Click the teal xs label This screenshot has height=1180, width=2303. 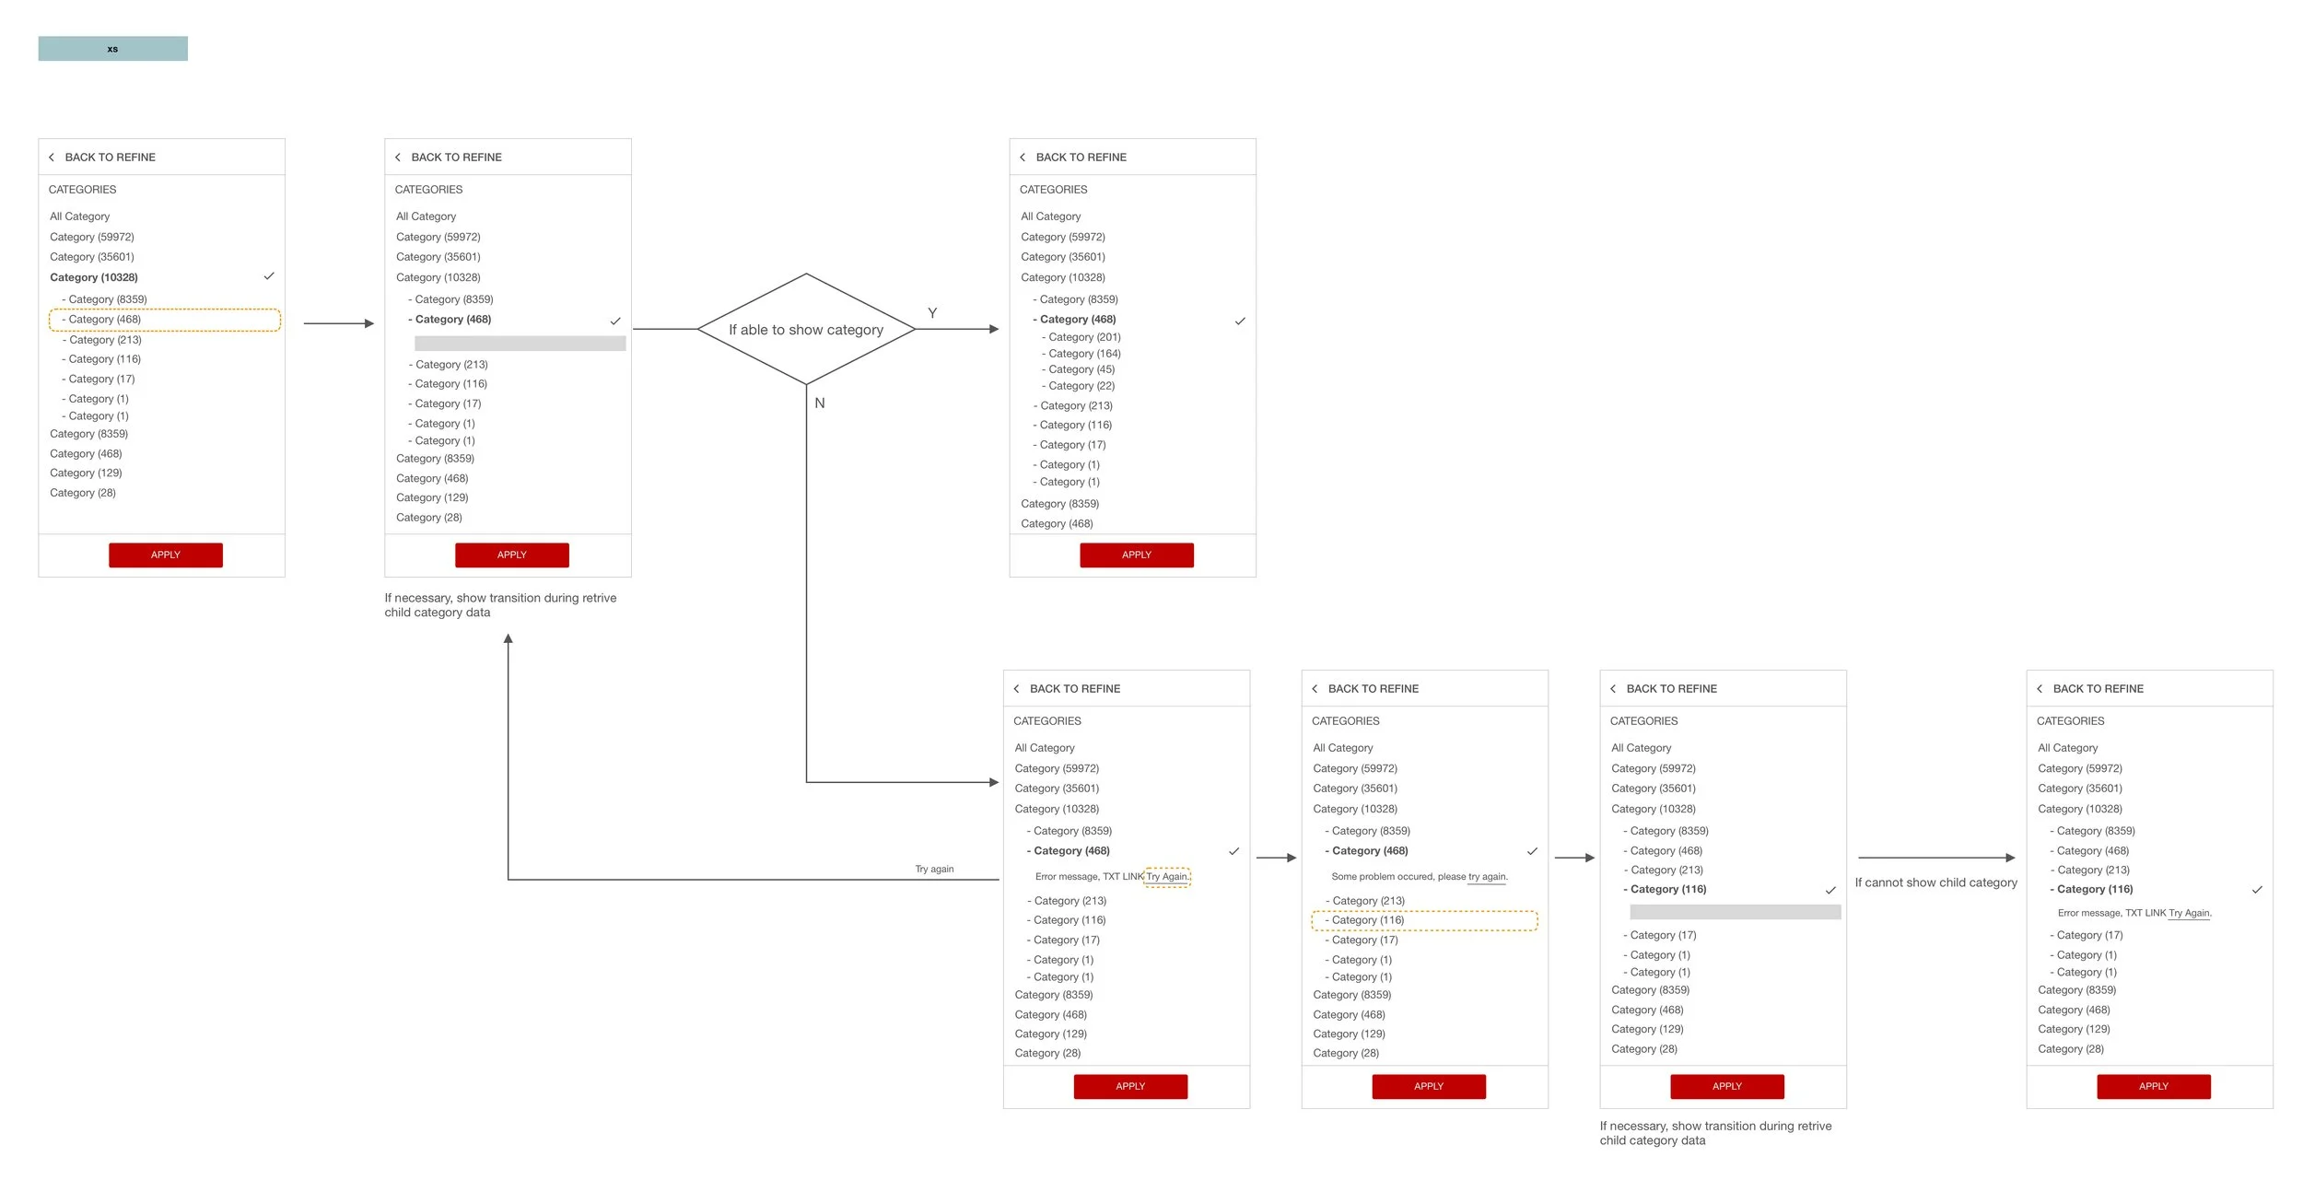click(112, 49)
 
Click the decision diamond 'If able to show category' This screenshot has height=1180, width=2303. click(805, 330)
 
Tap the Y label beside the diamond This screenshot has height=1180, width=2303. click(932, 313)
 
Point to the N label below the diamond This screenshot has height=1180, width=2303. click(819, 403)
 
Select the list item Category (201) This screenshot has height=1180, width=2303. click(1083, 337)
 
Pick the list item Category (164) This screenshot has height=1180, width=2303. click(1083, 354)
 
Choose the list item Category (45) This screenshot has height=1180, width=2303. click(1081, 369)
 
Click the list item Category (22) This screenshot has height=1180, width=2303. click(1081, 386)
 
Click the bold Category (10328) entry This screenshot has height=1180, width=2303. click(94, 277)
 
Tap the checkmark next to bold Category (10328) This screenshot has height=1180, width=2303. click(269, 276)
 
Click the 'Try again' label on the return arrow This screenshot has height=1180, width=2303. click(934, 869)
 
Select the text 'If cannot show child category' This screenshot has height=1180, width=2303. click(1935, 882)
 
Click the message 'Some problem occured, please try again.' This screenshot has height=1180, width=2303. click(1419, 877)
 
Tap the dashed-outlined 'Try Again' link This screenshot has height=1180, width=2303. click(1167, 877)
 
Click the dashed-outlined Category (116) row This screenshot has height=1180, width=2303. click(1424, 920)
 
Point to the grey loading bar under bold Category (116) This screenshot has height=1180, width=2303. click(1735, 912)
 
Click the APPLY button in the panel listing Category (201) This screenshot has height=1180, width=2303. click(1136, 555)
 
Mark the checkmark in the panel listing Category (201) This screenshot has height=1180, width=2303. click(1240, 321)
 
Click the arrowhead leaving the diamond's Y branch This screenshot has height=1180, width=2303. click(993, 329)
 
